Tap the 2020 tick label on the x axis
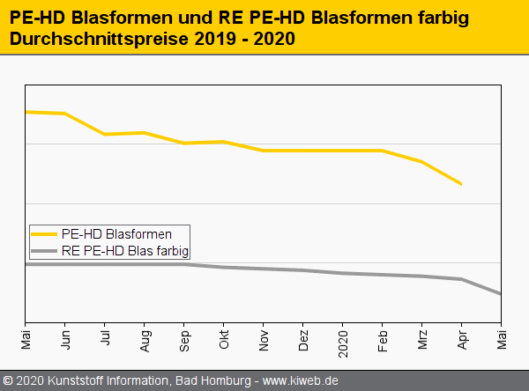(x=343, y=338)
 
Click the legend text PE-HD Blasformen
(x=116, y=234)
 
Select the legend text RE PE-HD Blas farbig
(x=125, y=251)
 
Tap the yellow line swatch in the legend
(x=44, y=234)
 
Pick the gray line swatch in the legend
(x=44, y=251)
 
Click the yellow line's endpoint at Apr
(x=461, y=184)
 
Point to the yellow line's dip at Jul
(x=105, y=134)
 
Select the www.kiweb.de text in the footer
(x=301, y=380)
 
